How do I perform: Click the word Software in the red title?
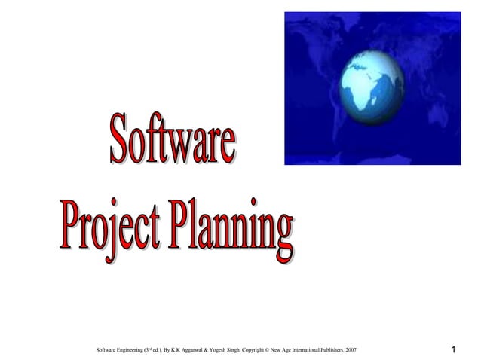point(173,140)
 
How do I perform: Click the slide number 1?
point(453,350)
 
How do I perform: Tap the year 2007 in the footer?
point(350,351)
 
